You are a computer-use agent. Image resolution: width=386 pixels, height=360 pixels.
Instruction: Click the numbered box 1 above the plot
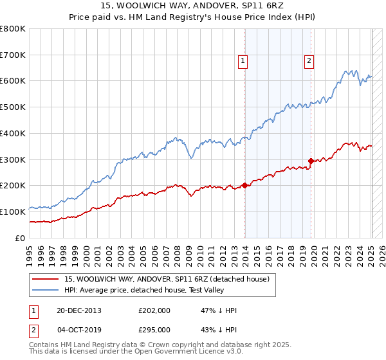(244, 61)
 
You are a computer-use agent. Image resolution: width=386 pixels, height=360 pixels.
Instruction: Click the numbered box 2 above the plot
(309, 61)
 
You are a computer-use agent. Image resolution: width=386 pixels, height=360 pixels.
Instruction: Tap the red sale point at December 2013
(244, 185)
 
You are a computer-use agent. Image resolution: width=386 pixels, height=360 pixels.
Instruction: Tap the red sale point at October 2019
(311, 161)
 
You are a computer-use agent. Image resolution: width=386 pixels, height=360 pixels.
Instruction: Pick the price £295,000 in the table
(154, 329)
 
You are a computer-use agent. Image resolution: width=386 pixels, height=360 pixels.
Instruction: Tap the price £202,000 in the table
(154, 310)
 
